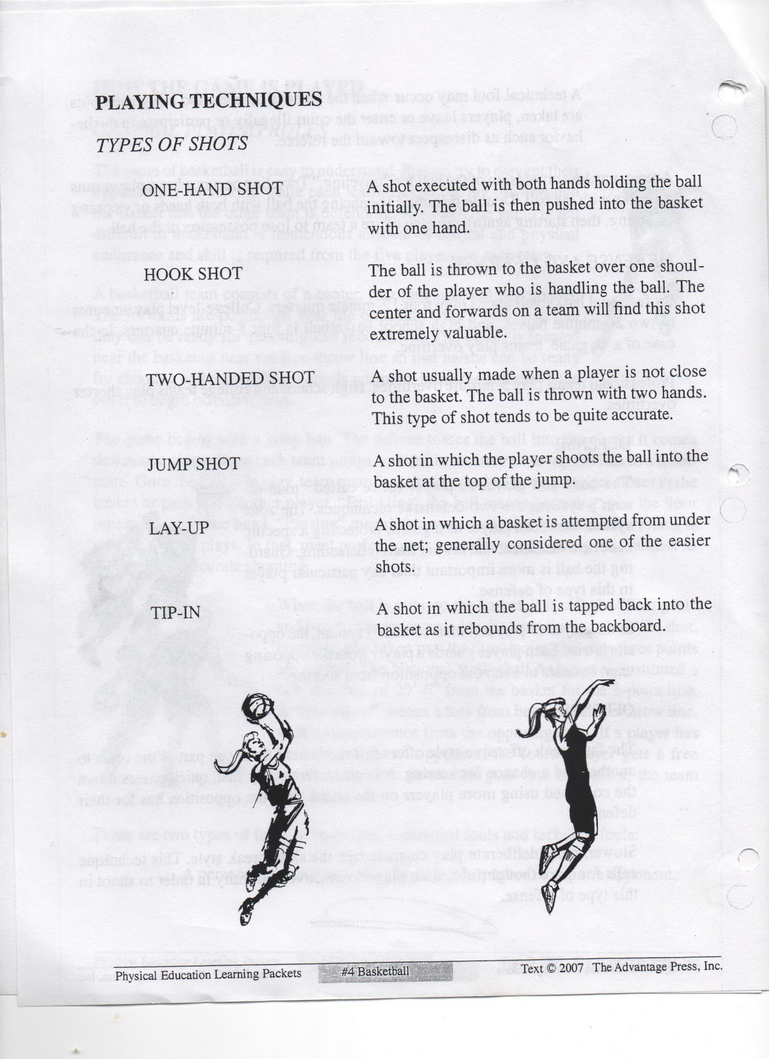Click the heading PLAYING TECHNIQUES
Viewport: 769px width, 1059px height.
point(208,101)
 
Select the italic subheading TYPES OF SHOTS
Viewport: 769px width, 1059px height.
point(172,144)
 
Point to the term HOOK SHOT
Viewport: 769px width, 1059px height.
point(187,273)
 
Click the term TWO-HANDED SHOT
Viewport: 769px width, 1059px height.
point(230,378)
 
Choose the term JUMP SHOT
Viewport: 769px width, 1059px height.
point(193,463)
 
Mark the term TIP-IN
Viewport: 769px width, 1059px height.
point(175,612)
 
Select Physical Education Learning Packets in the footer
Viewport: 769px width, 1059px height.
point(208,974)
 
